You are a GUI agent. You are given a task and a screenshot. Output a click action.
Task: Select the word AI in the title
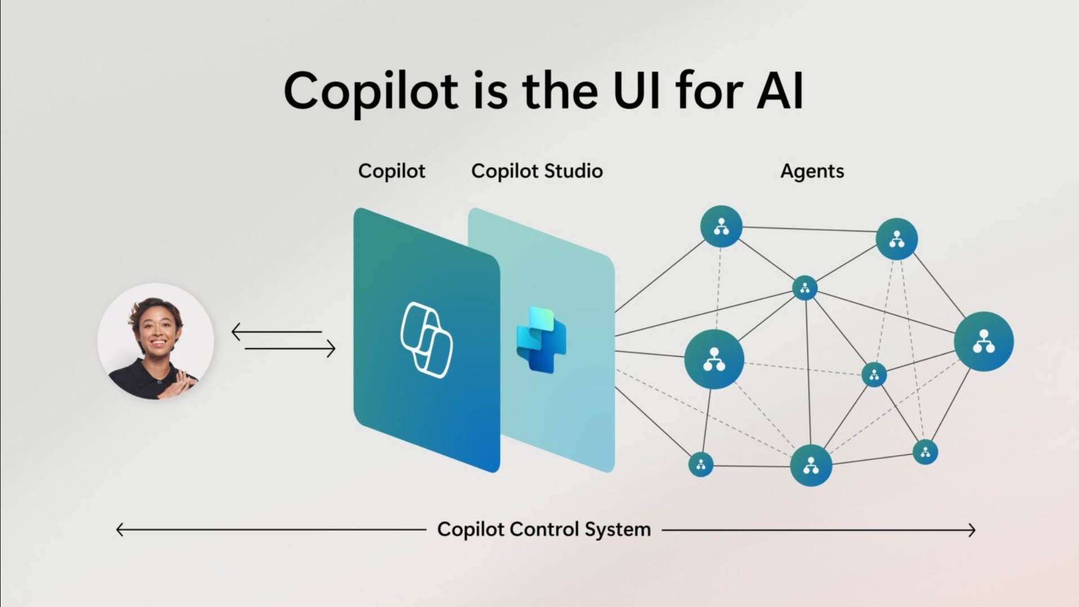[x=780, y=90]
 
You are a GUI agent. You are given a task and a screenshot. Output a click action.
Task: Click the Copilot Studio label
[x=537, y=171]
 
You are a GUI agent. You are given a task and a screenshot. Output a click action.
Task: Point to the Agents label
[x=812, y=171]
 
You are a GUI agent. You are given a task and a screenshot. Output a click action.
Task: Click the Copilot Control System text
[x=544, y=529]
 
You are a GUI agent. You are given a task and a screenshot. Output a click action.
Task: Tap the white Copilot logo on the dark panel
[x=426, y=339]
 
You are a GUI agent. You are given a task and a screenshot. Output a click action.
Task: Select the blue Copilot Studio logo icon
[x=541, y=339]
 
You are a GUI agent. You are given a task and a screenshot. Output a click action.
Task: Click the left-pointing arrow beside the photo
[x=277, y=332]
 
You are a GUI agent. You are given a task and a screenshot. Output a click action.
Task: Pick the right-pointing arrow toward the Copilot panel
[x=290, y=349]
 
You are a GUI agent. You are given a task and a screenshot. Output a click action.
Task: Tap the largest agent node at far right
[x=983, y=341]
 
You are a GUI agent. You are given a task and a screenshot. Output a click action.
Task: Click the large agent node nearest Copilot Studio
[x=714, y=359]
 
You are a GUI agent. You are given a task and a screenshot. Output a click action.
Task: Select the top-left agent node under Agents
[x=721, y=227]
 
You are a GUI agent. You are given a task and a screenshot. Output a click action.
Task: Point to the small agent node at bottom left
[x=701, y=464]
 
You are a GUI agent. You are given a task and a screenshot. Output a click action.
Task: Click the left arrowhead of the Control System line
[x=119, y=529]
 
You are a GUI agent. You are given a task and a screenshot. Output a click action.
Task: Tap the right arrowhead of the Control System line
[x=972, y=530]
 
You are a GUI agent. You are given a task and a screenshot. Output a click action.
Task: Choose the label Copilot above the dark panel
[x=391, y=171]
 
